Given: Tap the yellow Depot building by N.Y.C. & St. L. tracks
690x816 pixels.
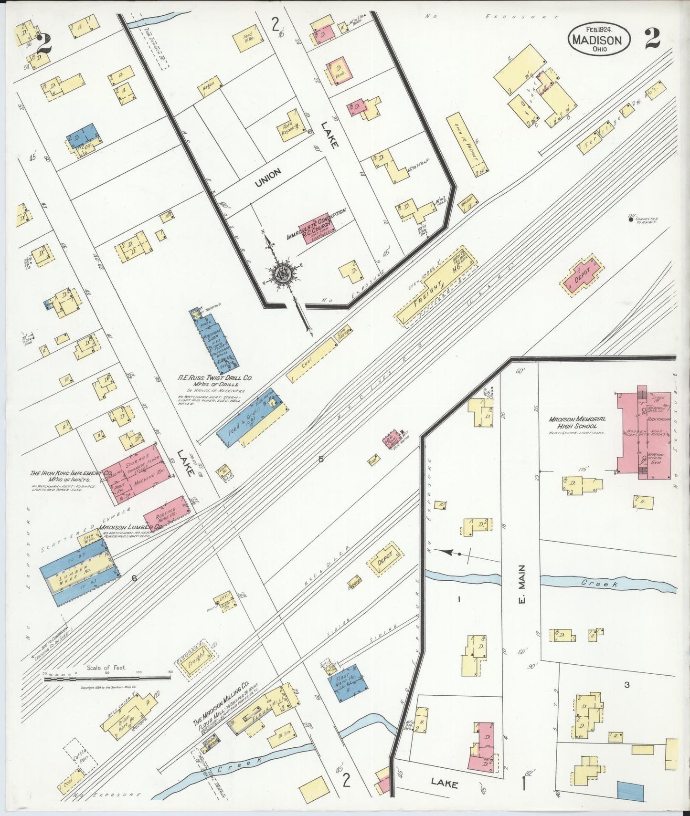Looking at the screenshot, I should (x=385, y=559).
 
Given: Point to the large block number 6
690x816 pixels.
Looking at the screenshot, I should (x=134, y=578).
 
